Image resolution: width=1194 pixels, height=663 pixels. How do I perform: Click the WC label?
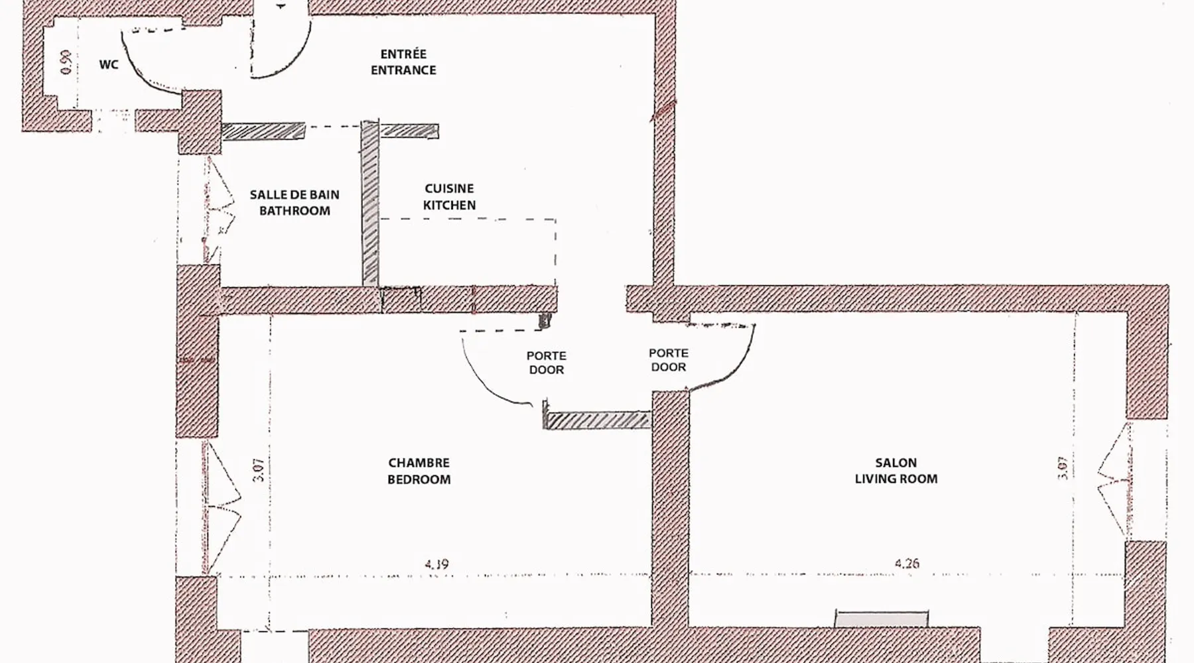[x=109, y=64]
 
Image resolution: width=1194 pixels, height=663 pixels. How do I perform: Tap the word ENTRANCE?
[x=403, y=70]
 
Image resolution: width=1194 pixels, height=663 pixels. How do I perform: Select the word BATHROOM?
[x=295, y=211]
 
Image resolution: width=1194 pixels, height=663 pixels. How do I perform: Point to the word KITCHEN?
[x=450, y=206]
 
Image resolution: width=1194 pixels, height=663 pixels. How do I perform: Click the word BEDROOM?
[x=419, y=479]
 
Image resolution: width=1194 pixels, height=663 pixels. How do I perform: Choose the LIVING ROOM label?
[x=896, y=479]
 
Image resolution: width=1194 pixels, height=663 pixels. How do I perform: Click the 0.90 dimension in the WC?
[x=66, y=62]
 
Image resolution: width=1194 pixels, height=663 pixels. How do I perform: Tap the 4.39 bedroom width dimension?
[x=436, y=564]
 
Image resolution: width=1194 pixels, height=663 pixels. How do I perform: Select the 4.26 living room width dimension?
[x=907, y=564]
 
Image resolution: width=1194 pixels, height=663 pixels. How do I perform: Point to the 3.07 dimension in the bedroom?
[x=259, y=470]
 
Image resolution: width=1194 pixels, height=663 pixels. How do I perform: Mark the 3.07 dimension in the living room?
[x=1063, y=468]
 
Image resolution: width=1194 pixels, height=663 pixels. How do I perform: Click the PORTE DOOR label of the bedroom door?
[x=547, y=363]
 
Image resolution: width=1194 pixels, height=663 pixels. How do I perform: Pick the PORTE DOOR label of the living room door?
[x=669, y=360]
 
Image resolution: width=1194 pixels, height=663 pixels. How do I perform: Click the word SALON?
[x=895, y=463]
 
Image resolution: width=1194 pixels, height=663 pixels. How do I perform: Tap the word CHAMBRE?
[x=419, y=463]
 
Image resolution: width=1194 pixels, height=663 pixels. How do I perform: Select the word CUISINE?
[x=450, y=189]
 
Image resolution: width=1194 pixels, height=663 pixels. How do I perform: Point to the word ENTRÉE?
[x=403, y=54]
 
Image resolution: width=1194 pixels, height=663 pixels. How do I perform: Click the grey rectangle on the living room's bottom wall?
[x=881, y=619]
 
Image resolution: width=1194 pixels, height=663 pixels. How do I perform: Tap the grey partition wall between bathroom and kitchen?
[x=370, y=204]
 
